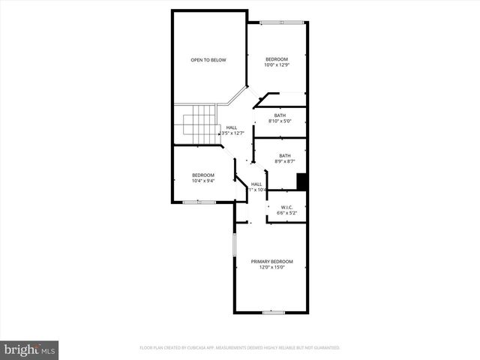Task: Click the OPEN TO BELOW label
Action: pos(208,60)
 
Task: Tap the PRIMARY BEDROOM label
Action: pos(271,261)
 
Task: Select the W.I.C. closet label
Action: pos(286,207)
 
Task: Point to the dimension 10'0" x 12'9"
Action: pos(276,65)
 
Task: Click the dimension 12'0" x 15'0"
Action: pos(271,268)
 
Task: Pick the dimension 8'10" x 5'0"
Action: pos(280,121)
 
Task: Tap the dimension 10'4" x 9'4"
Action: pos(202,181)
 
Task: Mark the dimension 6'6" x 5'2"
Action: pos(286,214)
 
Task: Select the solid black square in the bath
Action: pos(302,182)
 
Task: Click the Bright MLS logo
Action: pos(30,350)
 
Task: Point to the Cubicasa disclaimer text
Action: pos(240,348)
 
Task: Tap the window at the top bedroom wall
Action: pos(283,22)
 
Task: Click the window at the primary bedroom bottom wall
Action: pos(273,311)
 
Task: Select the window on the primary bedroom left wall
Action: pos(234,244)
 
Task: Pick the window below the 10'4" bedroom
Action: pos(199,202)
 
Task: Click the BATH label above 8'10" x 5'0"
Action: pos(280,115)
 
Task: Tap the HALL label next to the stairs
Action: pos(232,127)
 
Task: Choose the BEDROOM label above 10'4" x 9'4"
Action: pos(202,175)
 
